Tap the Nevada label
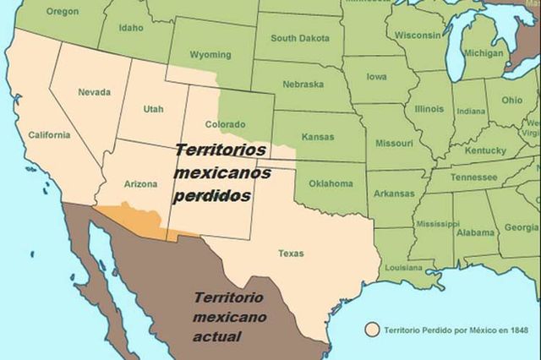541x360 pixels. pyautogui.click(x=93, y=92)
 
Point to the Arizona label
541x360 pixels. pyautogui.click(x=140, y=183)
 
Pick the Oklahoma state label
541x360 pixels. pyautogui.click(x=331, y=183)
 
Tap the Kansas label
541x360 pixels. pyautogui.click(x=318, y=137)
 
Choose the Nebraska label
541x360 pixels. pyautogui.click(x=303, y=85)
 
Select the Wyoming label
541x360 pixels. pyautogui.click(x=210, y=54)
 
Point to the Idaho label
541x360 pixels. pyautogui.click(x=130, y=28)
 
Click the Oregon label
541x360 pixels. pyautogui.click(x=62, y=12)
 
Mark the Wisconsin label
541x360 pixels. pyautogui.click(x=420, y=35)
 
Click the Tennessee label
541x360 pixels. pyautogui.click(x=473, y=177)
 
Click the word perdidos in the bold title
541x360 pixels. pyautogui.click(x=212, y=194)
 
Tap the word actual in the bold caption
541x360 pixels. pyautogui.click(x=217, y=336)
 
